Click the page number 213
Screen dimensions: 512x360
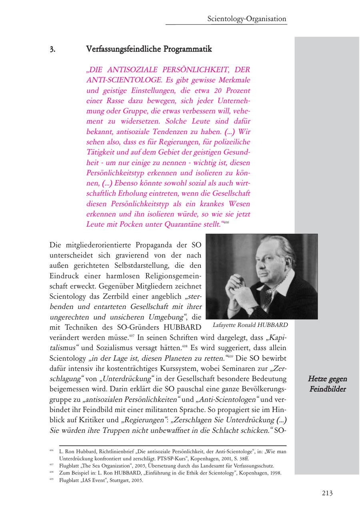click(327, 493)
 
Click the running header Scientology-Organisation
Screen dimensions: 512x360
click(247, 19)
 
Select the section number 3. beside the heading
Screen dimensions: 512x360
click(52, 49)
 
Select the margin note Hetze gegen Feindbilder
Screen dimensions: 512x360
click(328, 384)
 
